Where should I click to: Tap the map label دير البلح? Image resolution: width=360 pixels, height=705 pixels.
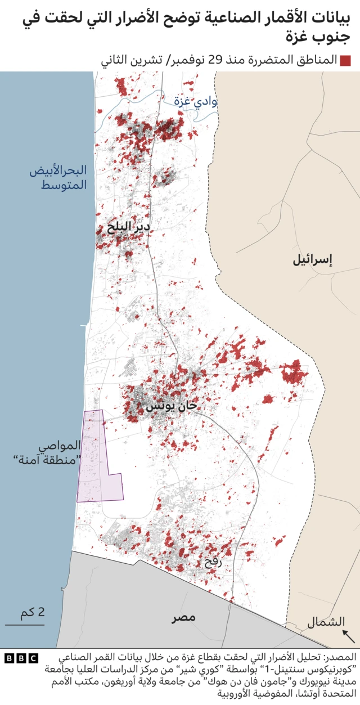click(128, 227)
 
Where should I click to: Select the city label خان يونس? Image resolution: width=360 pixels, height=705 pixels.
click(172, 406)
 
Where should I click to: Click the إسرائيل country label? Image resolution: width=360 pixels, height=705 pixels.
click(313, 260)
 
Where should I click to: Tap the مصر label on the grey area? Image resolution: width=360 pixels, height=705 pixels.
click(184, 617)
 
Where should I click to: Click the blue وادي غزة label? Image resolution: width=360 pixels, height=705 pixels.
click(195, 102)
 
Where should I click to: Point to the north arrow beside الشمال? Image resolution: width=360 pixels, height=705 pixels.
click(349, 636)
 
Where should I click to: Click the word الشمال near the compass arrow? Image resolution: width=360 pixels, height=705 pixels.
click(326, 622)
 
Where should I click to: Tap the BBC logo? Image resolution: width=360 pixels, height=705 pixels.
click(22, 658)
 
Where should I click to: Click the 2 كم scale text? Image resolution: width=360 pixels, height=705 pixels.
click(33, 612)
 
